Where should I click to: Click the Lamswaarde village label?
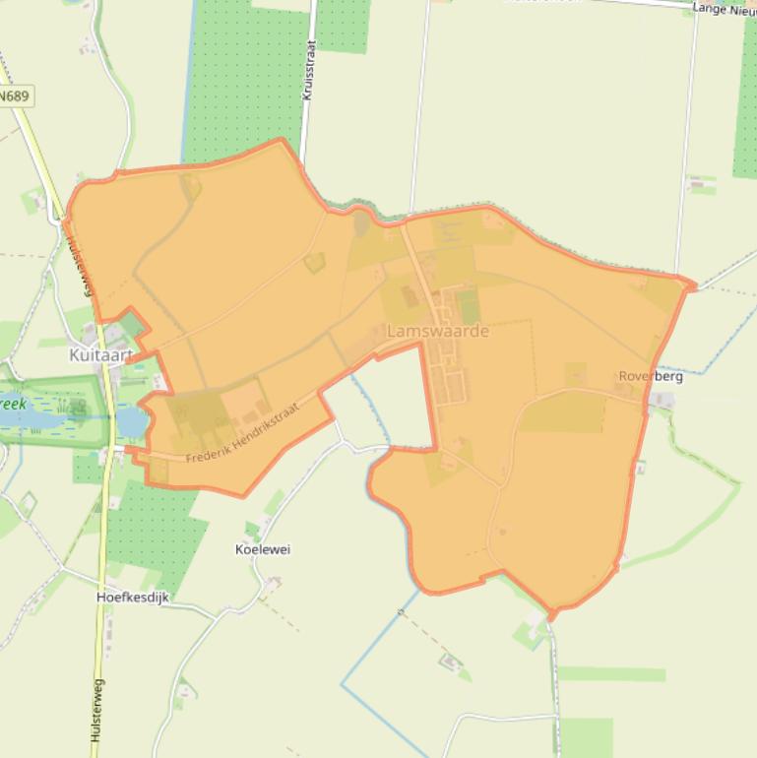438,332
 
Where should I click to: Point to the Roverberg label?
650,377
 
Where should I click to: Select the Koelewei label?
263,549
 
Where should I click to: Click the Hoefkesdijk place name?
135,597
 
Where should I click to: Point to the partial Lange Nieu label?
724,9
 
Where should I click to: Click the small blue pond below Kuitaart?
131,421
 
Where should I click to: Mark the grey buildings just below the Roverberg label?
662,401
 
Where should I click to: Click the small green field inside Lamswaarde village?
469,306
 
